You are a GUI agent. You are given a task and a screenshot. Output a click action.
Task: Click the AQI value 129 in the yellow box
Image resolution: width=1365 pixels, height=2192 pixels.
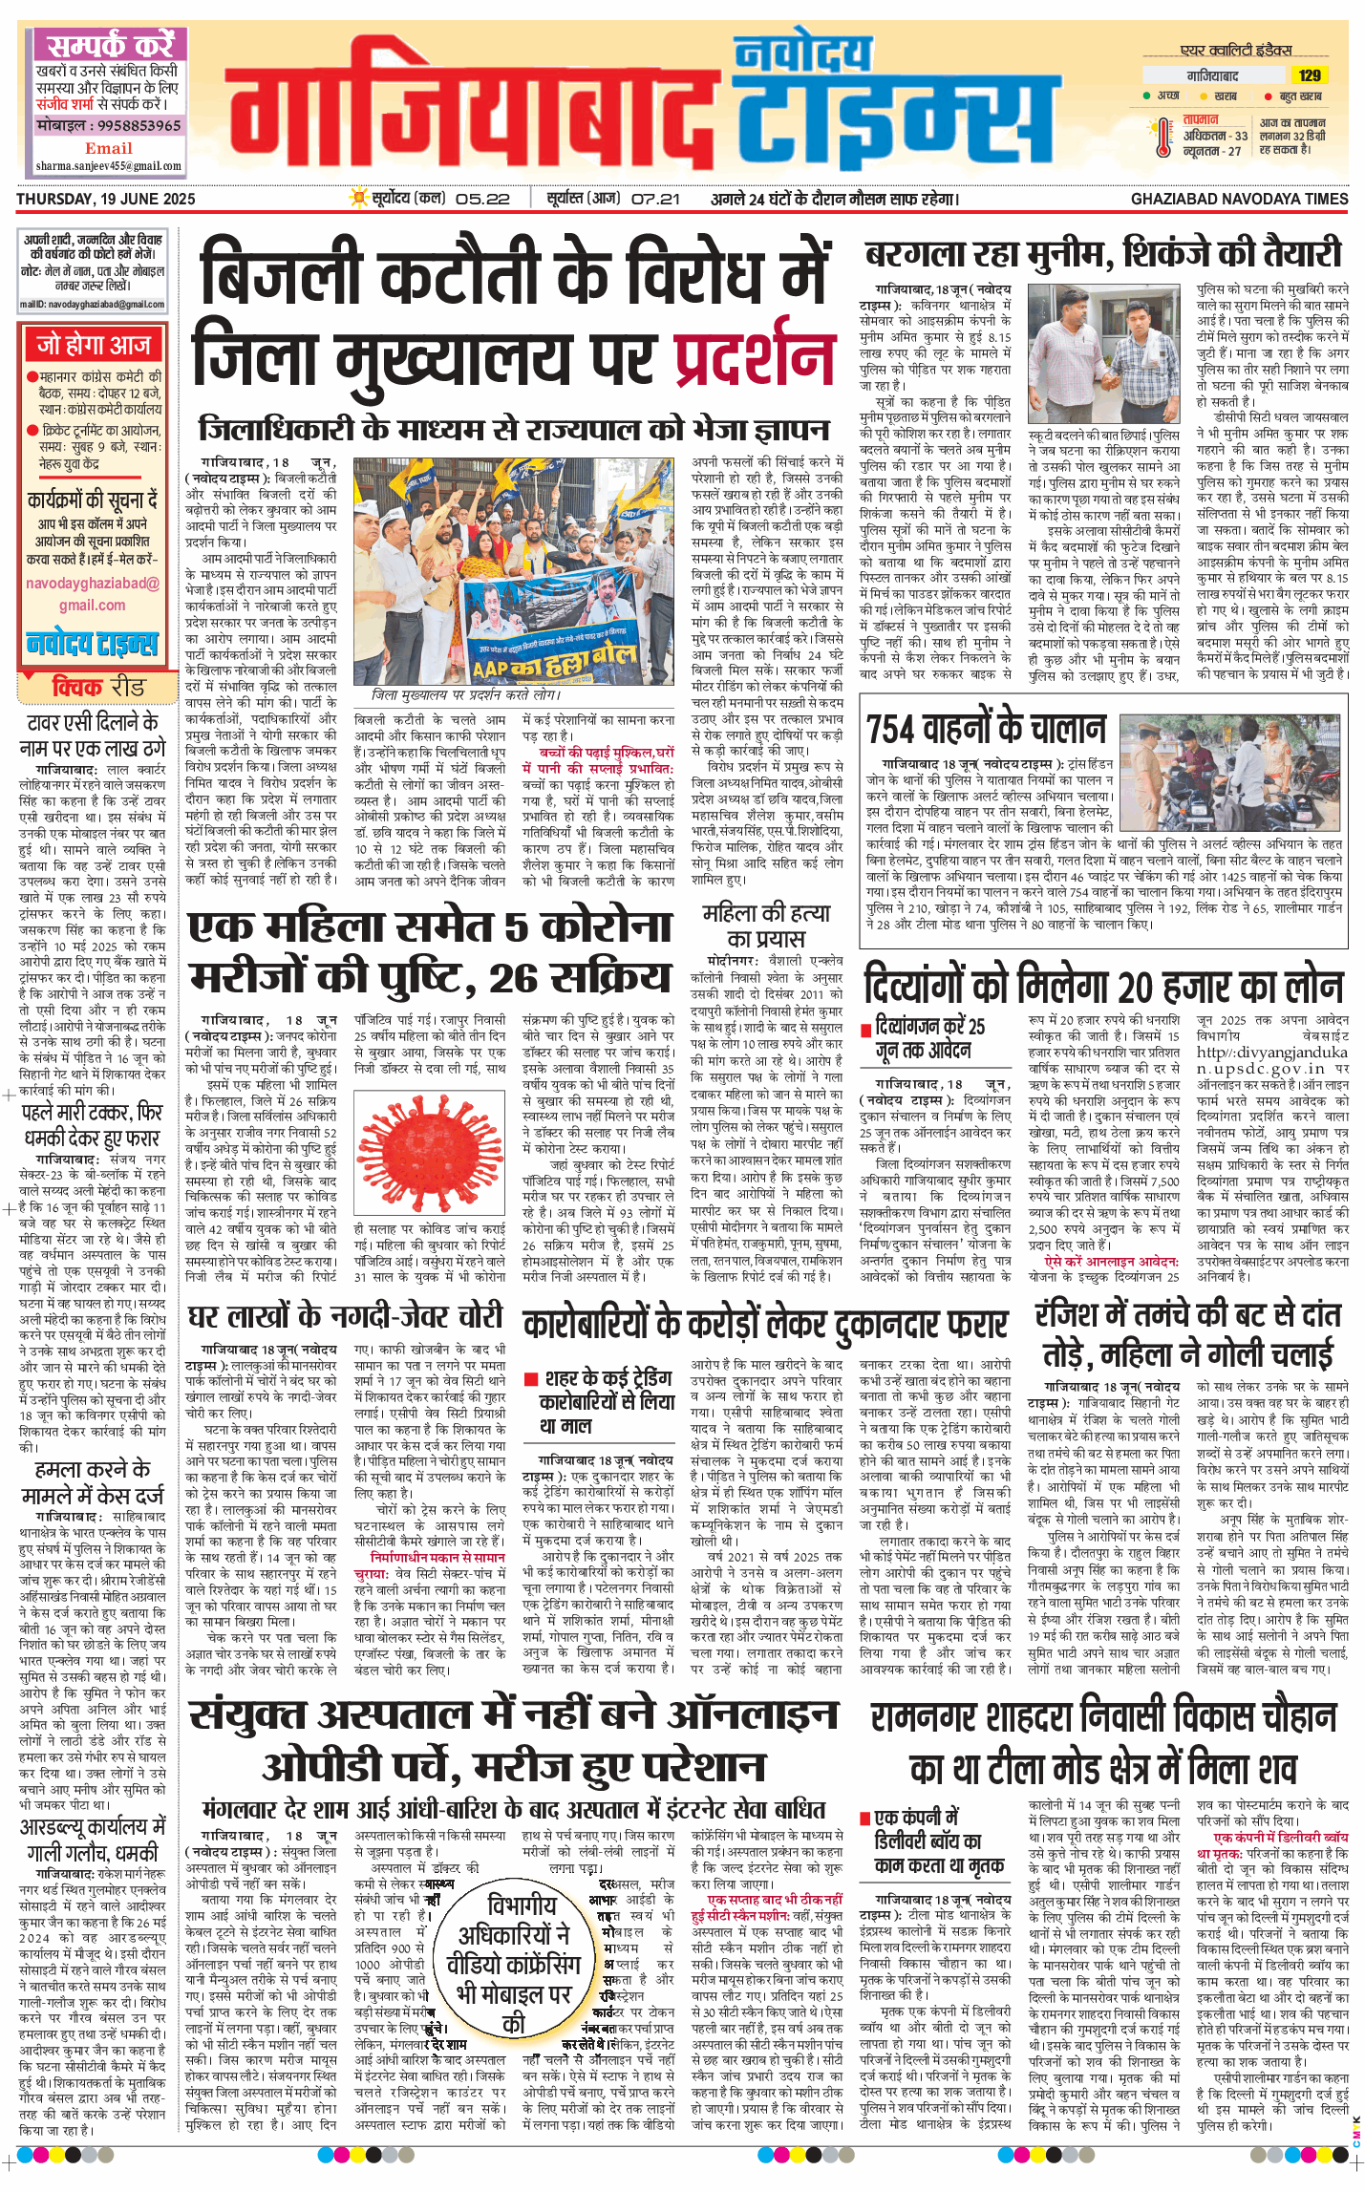[1309, 75]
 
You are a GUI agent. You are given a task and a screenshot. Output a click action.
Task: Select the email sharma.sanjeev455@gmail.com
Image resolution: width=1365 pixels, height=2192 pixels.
[108, 166]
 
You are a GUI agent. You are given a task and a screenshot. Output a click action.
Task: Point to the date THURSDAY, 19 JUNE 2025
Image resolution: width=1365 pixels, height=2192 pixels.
[106, 199]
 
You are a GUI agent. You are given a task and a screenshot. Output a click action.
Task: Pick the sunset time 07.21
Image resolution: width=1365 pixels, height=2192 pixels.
[655, 199]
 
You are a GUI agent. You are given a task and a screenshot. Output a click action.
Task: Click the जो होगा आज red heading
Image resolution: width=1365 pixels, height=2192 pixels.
[94, 345]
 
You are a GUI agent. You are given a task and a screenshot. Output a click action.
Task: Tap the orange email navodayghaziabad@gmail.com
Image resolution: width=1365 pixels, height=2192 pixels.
[92, 593]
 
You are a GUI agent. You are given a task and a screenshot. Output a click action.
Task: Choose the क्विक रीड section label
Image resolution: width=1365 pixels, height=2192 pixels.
[98, 687]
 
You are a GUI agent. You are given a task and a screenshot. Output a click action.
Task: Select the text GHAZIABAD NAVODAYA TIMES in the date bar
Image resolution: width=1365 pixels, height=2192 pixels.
[1239, 199]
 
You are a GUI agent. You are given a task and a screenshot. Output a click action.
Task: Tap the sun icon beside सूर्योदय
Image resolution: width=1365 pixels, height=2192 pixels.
[359, 199]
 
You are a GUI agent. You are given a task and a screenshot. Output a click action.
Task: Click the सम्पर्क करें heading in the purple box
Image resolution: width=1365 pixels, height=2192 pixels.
[110, 45]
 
